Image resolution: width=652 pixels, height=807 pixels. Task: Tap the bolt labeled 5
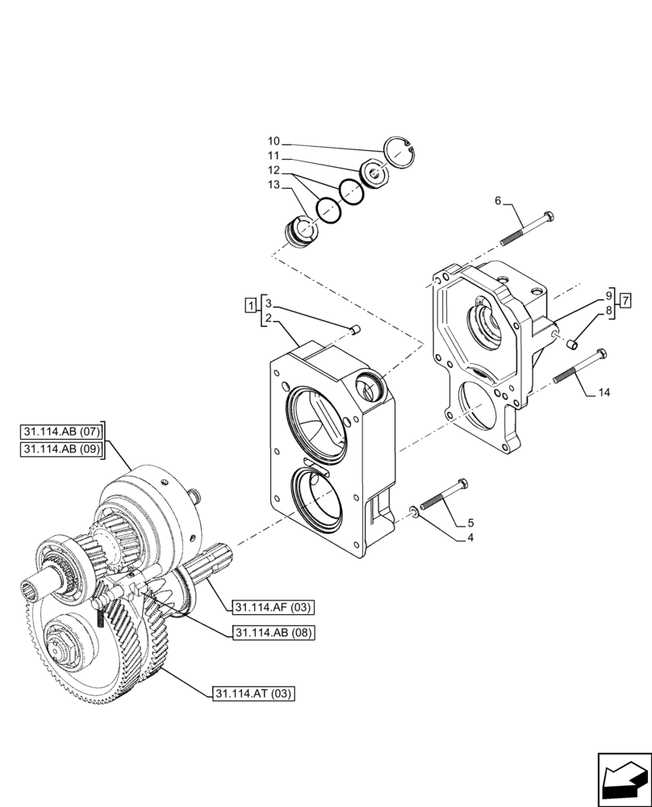pos(444,495)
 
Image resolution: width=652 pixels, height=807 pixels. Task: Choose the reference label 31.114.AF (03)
pos(274,608)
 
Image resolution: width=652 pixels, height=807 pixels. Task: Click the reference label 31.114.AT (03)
pos(254,693)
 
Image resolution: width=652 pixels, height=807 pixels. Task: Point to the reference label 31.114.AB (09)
pos(63,449)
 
